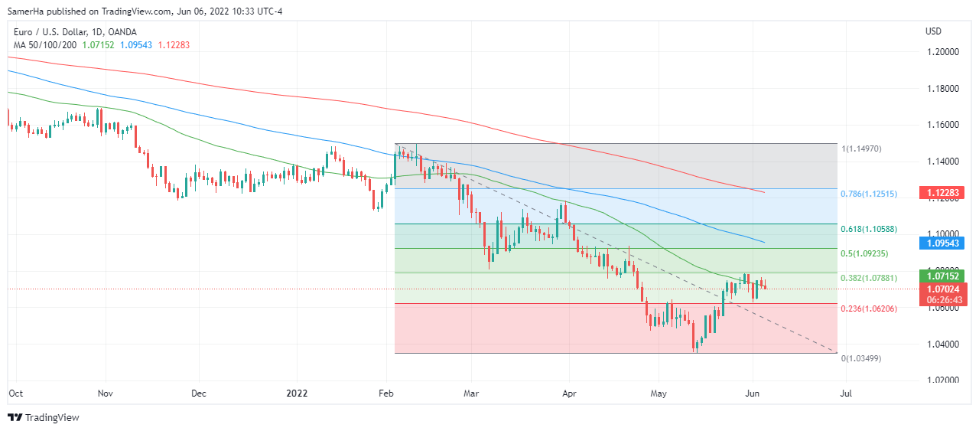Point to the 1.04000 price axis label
943,344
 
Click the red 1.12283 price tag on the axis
945,192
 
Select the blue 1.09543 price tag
945,243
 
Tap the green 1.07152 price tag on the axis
945,276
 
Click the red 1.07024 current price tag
945,289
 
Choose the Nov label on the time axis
106,393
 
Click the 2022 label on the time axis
297,393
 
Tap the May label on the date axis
659,393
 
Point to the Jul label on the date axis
846,393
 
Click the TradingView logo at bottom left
44,417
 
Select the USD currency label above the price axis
933,31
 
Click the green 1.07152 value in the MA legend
99,45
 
